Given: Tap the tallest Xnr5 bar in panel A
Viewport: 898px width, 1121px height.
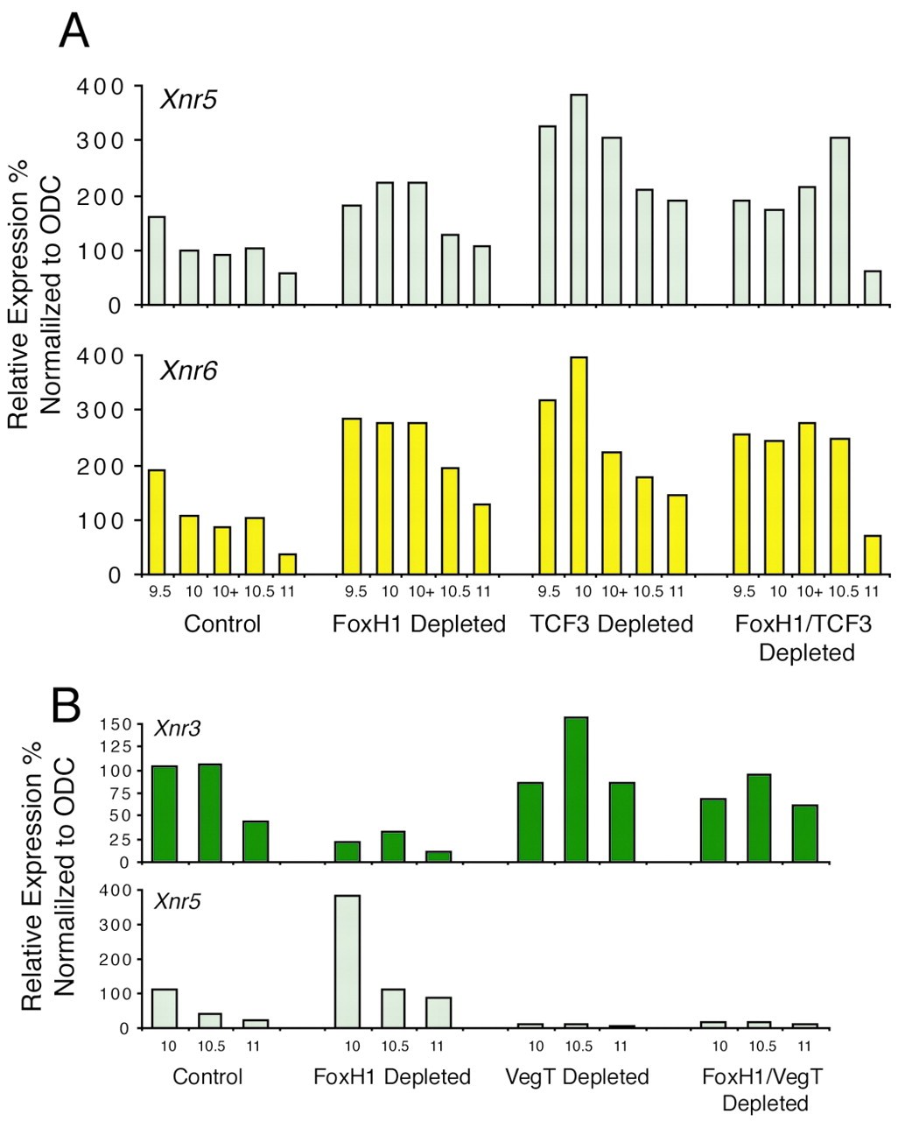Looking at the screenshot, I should point(579,200).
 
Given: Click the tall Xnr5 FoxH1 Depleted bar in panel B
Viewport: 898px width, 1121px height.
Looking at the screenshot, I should point(347,961).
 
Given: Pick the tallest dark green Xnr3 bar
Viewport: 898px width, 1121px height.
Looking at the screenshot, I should point(576,789).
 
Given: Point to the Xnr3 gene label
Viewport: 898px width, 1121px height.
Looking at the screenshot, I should point(176,728).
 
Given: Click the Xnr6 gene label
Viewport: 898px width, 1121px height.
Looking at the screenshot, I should point(188,371).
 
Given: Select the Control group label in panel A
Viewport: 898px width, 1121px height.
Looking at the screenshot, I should point(222,624).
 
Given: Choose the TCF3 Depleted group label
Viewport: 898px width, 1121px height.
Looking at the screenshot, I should point(611,624).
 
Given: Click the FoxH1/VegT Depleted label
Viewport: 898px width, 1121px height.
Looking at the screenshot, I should point(763,1088).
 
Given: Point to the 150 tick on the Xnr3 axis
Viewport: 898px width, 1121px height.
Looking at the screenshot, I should point(116,724).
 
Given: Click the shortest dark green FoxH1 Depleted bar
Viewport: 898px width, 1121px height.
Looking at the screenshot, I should point(438,857).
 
